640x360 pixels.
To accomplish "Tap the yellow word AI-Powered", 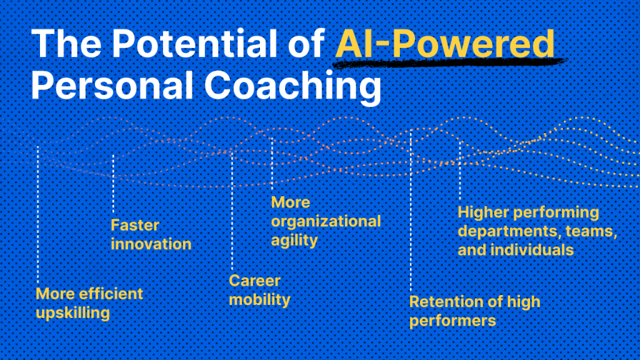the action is [445, 43].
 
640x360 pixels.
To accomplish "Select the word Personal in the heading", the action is [112, 85].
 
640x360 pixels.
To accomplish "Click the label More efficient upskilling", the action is [89, 303].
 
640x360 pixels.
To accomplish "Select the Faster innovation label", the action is [151, 234].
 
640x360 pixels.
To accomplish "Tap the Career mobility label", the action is [259, 290].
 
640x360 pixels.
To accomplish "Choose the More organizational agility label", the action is [326, 221].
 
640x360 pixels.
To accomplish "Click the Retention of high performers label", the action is [475, 311].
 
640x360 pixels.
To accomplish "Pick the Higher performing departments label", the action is [537, 231].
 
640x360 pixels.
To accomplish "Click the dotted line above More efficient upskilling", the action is [38, 214].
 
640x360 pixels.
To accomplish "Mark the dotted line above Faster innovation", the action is [113, 184].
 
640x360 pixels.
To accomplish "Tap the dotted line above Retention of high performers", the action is [411, 211].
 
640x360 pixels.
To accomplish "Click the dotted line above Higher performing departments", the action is [459, 171].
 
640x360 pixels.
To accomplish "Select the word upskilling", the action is [72, 314].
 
